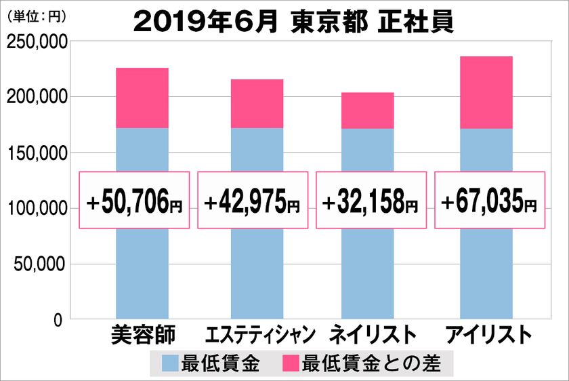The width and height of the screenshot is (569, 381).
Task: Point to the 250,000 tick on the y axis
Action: (x=36, y=43)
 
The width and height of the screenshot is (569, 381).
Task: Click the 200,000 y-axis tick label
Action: (x=36, y=98)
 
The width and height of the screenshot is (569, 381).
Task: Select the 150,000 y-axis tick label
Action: (x=36, y=153)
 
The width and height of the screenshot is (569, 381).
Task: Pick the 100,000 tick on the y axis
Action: (x=36, y=209)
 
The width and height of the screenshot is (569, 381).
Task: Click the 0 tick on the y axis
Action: (x=58, y=319)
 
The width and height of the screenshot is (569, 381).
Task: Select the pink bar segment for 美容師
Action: (x=142, y=98)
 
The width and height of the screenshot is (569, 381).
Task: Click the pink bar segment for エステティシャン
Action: (x=257, y=104)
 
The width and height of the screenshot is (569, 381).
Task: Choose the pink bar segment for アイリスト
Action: (x=486, y=92)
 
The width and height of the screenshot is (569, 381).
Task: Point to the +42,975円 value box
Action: (x=253, y=201)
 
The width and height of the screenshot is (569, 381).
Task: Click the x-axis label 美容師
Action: (x=142, y=336)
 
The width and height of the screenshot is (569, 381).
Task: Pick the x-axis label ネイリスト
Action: (x=372, y=336)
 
